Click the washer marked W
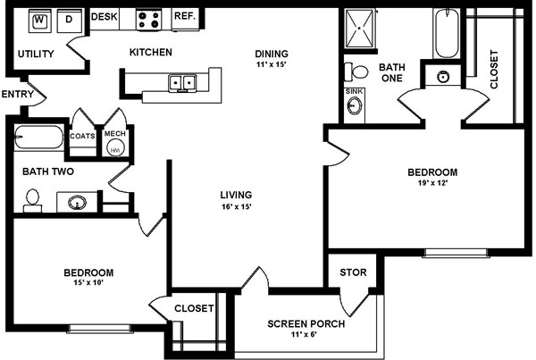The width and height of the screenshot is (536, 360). pos(40,18)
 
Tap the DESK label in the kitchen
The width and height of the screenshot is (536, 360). pos(105,16)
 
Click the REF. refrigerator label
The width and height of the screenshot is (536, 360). pos(185,16)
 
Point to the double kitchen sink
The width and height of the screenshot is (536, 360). pos(183,82)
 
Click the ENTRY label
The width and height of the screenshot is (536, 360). pos(17,94)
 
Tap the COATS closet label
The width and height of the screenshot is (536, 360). pos(83,136)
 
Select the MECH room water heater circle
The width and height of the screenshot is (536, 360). pos(114,149)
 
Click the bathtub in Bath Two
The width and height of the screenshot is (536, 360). pos(38,138)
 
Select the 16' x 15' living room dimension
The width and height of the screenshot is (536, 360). pos(236,207)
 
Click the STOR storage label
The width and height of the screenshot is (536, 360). pos(349,272)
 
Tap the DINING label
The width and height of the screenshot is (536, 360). pos(271,53)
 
